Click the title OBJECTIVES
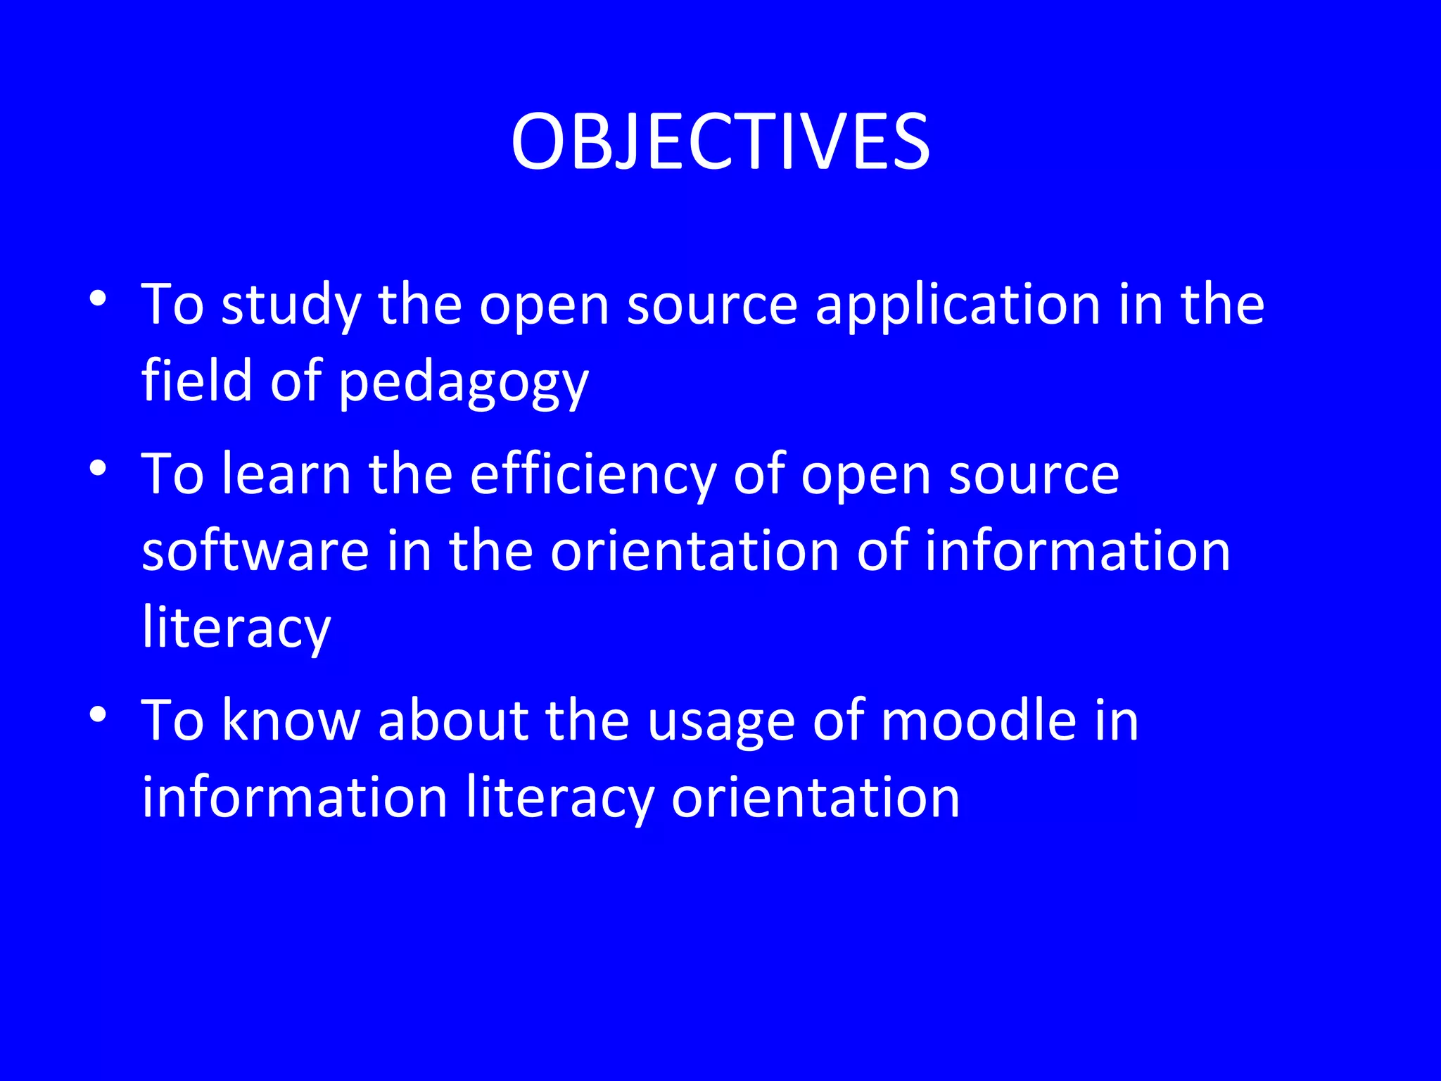click(720, 142)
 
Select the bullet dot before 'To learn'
click(98, 467)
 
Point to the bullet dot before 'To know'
click(98, 714)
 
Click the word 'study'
click(291, 306)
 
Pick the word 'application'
click(958, 306)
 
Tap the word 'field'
click(197, 381)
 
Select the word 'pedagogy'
click(464, 384)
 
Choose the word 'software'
click(255, 550)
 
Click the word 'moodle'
click(979, 721)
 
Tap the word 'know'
click(291, 721)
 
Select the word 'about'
click(452, 721)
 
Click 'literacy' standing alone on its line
click(236, 628)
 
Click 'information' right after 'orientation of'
click(1077, 550)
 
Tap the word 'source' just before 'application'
click(712, 306)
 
